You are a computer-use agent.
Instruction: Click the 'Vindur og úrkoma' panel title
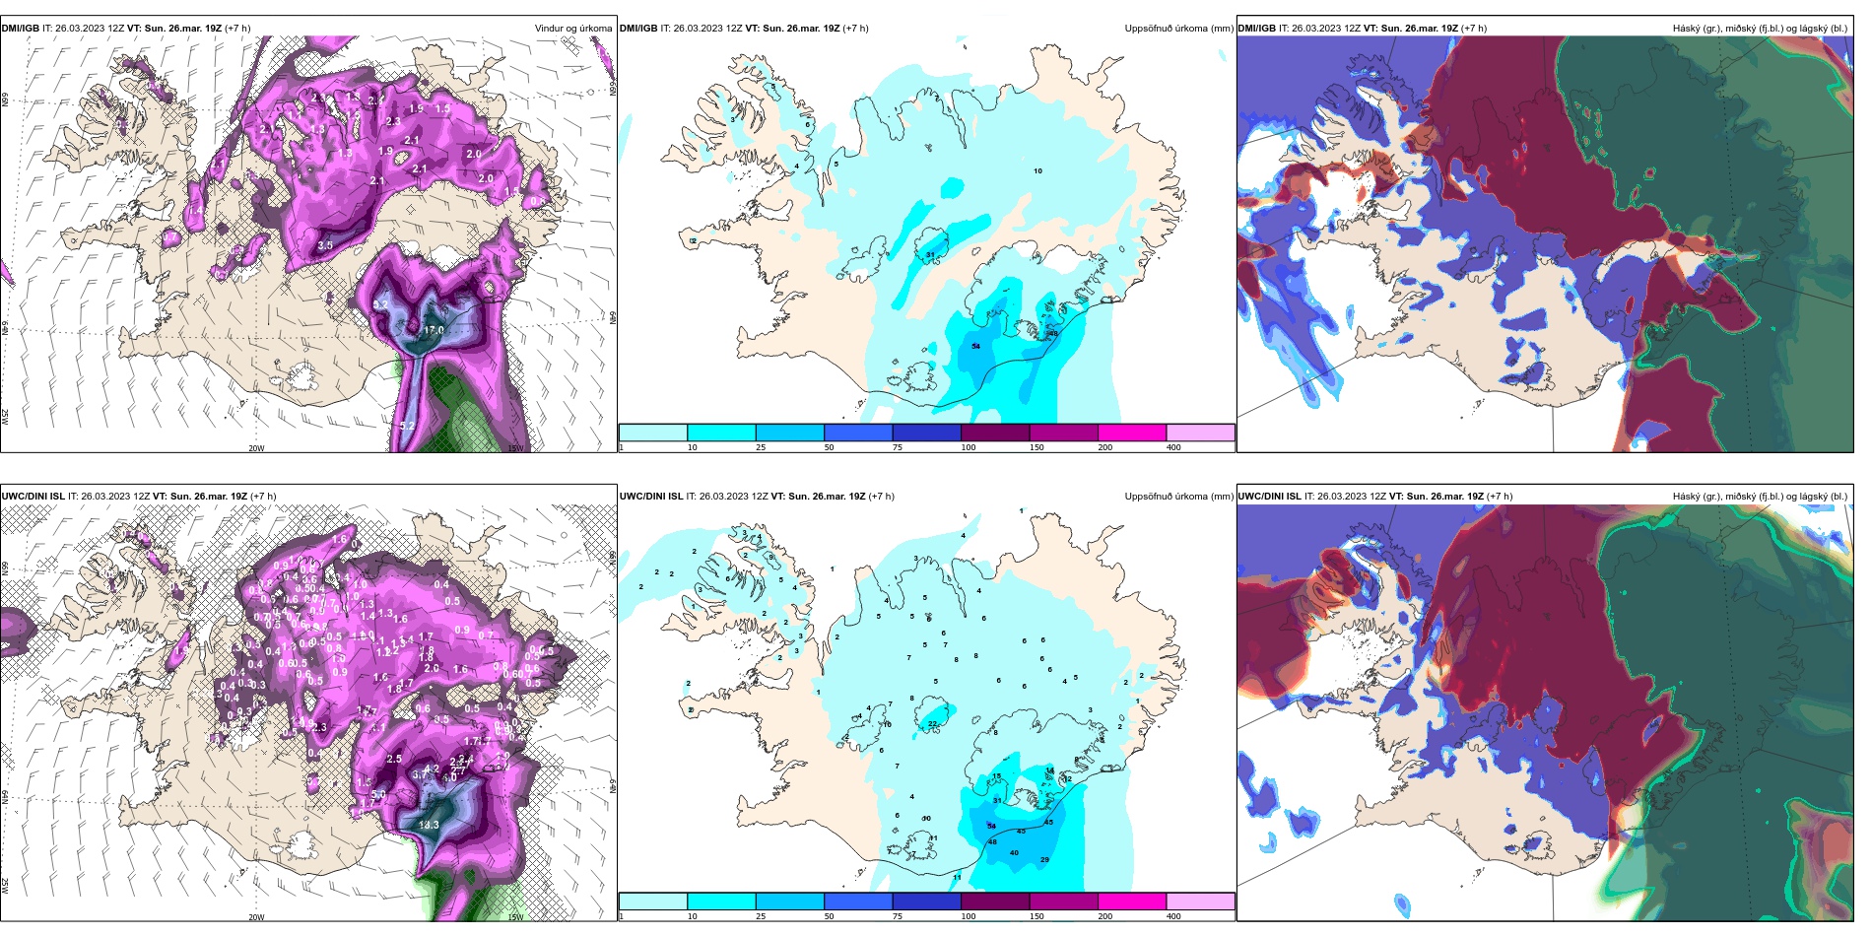pyautogui.click(x=572, y=29)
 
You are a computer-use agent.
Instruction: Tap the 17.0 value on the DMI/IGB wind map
pyautogui.click(x=434, y=331)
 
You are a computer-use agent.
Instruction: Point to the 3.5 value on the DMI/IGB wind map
pyautogui.click(x=325, y=245)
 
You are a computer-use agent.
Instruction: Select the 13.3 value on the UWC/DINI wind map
pyautogui.click(x=429, y=826)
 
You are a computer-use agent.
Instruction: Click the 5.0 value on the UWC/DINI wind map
pyautogui.click(x=378, y=795)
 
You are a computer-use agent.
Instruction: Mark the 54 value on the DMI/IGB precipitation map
pyautogui.click(x=975, y=347)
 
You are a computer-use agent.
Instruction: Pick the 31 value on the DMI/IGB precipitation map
pyautogui.click(x=931, y=255)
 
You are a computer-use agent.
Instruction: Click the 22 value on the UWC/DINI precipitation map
pyautogui.click(x=933, y=724)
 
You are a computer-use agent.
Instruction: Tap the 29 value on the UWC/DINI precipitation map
pyautogui.click(x=1044, y=860)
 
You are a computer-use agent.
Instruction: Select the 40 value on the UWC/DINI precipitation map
pyautogui.click(x=1014, y=853)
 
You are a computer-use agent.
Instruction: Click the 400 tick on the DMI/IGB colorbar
pyautogui.click(x=1173, y=447)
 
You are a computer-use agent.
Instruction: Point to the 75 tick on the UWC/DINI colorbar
pyautogui.click(x=898, y=916)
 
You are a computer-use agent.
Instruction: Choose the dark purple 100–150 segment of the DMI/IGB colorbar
pyautogui.click(x=995, y=433)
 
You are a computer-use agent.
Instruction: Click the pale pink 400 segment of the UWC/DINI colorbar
pyautogui.click(x=1200, y=902)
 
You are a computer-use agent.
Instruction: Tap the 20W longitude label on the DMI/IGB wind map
pyautogui.click(x=256, y=448)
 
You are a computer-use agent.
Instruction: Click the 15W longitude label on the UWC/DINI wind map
pyautogui.click(x=514, y=917)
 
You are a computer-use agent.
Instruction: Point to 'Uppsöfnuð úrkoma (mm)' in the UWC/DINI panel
pyautogui.click(x=1178, y=497)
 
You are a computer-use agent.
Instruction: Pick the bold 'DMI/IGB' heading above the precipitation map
pyautogui.click(x=638, y=29)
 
